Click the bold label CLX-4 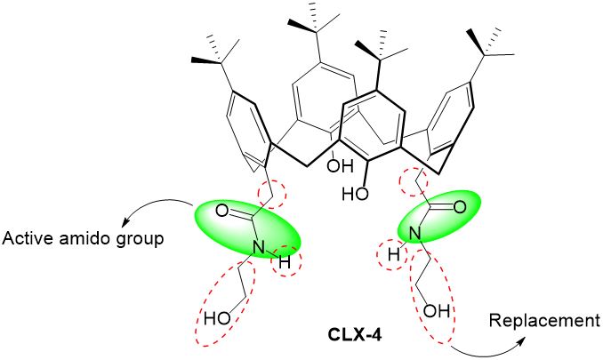350,340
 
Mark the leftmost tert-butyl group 214,60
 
